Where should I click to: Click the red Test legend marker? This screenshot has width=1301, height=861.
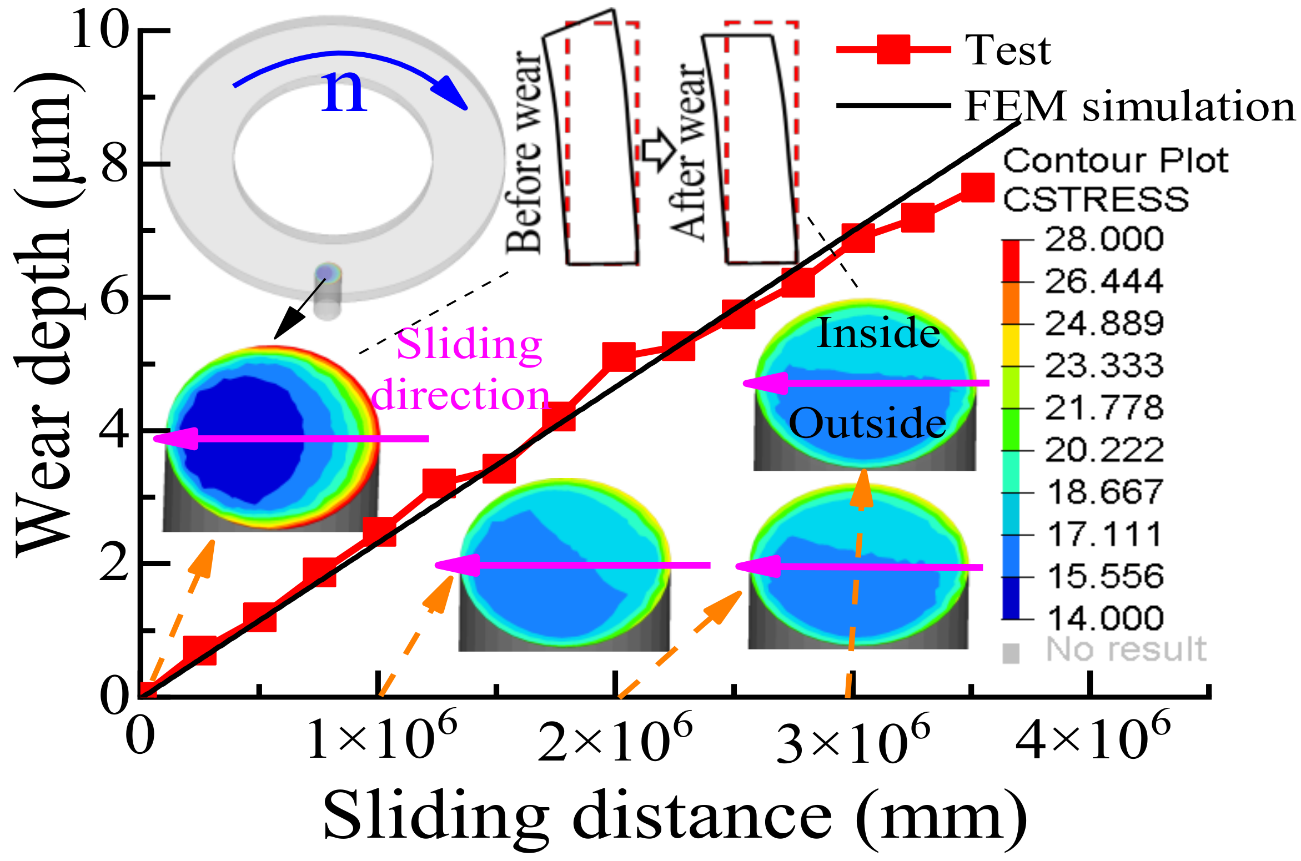893,49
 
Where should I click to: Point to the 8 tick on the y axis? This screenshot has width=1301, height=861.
115,164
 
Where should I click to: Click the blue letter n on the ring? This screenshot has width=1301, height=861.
344,92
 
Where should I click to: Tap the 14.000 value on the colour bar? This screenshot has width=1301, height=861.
1105,618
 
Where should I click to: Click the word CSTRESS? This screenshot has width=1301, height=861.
1096,199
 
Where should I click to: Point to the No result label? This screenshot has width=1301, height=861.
1126,649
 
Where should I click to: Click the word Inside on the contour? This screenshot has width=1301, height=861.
878,333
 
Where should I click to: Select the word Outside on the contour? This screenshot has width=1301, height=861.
867,423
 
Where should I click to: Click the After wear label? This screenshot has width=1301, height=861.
688,153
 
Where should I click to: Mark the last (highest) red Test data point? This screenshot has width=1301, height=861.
977,188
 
